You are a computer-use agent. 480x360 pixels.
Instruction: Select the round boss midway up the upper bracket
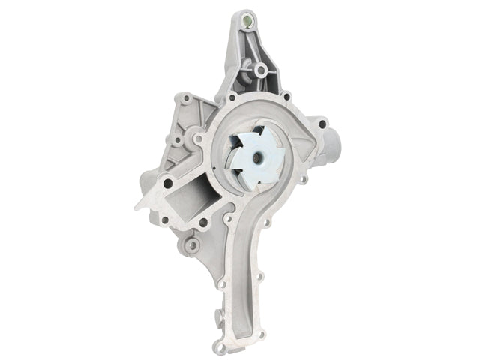pyautogui.click(x=260, y=70)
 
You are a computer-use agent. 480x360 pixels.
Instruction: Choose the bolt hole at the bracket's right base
pyautogui.click(x=285, y=95)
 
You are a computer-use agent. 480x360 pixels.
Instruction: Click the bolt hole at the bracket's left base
pyautogui.click(x=232, y=97)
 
